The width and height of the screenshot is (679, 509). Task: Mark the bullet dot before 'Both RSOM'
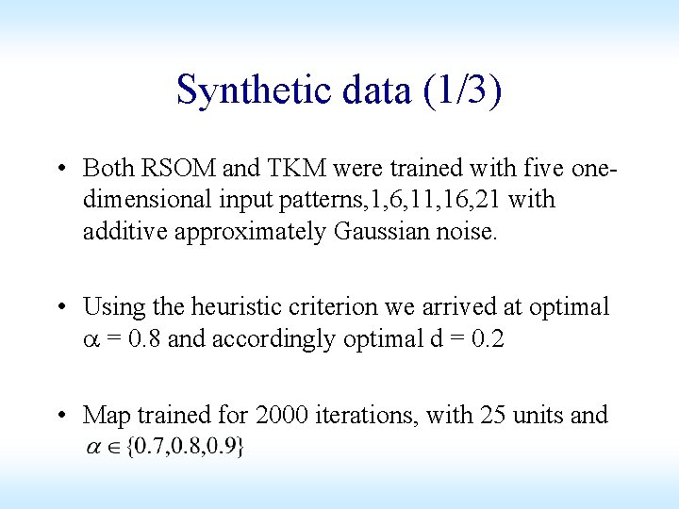pyautogui.click(x=60, y=170)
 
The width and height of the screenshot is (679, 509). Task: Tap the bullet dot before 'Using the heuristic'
pyautogui.click(x=60, y=308)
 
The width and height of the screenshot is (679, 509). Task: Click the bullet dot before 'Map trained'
pyautogui.click(x=60, y=416)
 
